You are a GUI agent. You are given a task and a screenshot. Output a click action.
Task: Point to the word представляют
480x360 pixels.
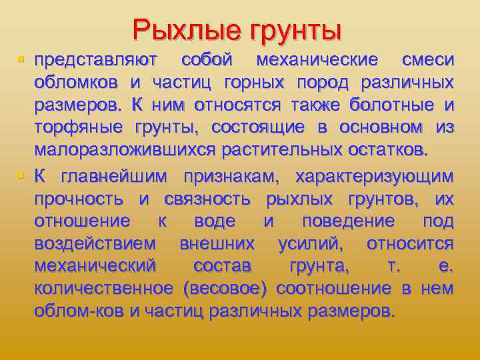96,60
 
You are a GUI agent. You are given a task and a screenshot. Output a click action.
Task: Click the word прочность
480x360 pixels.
79,199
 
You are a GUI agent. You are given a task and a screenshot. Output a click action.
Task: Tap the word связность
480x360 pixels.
207,199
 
